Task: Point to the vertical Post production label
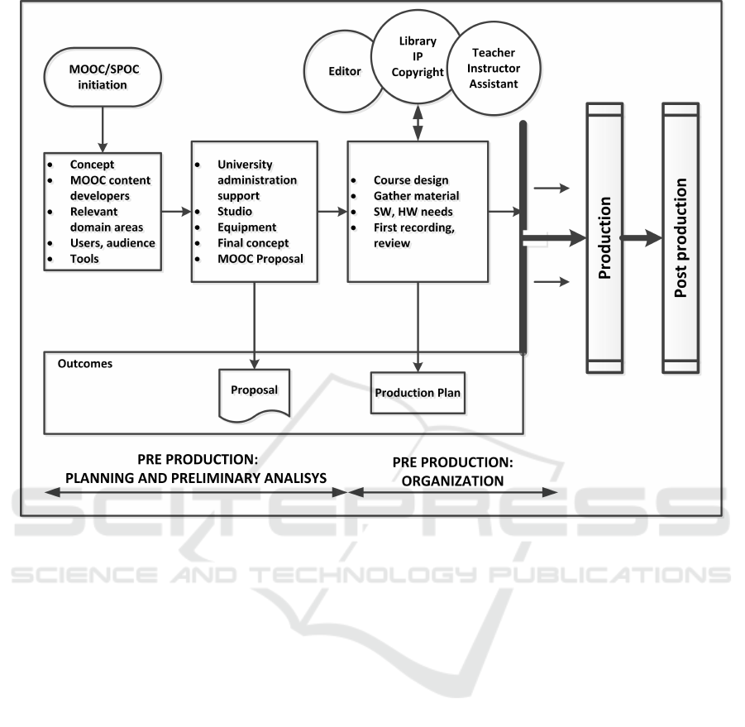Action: point(681,238)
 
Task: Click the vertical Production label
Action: point(604,238)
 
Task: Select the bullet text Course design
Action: point(412,179)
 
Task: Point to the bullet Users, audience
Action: point(112,242)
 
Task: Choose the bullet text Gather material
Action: point(416,195)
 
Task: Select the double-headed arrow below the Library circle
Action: point(418,129)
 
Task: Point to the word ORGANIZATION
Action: point(452,480)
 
